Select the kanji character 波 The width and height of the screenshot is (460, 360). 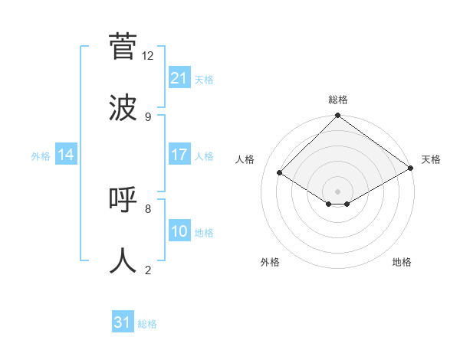coord(123,107)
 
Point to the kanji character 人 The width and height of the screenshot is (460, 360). coord(123,260)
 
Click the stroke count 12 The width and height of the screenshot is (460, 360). coord(148,55)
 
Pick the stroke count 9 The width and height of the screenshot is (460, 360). coord(148,116)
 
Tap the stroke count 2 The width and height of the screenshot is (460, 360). coord(148,270)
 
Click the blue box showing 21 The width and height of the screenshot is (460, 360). coord(179,78)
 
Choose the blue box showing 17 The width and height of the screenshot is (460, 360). coord(179,155)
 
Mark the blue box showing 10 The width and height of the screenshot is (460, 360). coord(179,231)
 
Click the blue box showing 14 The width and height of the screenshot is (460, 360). coord(66,155)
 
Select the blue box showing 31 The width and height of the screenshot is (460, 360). coord(123,322)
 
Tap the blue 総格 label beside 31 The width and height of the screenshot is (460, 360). coord(147,324)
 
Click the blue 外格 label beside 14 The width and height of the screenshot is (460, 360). coord(41,156)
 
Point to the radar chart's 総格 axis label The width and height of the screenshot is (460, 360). coord(338,100)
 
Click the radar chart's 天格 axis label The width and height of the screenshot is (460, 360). coord(431,159)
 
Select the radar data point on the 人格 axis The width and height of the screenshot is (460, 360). coord(280,173)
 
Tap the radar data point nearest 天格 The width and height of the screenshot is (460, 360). coord(411,169)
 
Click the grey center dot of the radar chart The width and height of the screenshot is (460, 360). coord(338,191)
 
